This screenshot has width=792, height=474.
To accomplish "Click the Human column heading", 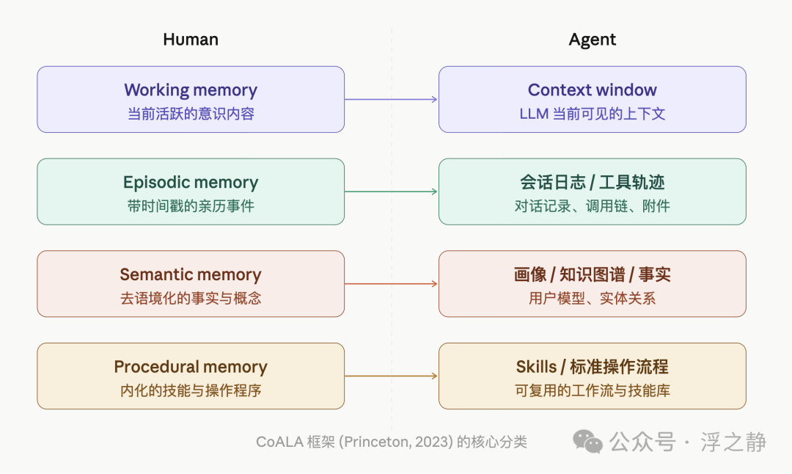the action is [191, 40].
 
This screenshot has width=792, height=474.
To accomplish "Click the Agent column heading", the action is [592, 40].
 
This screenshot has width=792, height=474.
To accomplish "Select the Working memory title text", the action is [191, 90].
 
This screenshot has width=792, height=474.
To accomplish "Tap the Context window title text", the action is [592, 90].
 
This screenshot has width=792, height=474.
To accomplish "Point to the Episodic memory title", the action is [191, 182].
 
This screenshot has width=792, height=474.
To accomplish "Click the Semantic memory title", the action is [191, 274].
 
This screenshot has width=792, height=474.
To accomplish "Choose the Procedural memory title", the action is [191, 367].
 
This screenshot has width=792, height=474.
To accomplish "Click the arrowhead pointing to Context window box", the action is [434, 100].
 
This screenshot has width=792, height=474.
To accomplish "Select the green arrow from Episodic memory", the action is [391, 192].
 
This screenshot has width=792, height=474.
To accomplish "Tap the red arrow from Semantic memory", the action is [391, 284].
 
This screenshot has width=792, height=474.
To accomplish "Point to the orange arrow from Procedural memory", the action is [391, 376].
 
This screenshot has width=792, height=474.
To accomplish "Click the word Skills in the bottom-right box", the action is [536, 367].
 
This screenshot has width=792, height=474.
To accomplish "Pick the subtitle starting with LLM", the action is [592, 114].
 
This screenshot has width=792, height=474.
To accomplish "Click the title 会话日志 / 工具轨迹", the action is [592, 182].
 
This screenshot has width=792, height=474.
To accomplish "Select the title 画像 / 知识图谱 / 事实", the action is [592, 274].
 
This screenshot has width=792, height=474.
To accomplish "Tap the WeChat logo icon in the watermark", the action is [587, 441].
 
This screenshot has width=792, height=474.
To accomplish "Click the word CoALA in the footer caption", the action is [279, 442].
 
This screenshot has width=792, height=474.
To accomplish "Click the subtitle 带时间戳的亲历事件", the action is [191, 206].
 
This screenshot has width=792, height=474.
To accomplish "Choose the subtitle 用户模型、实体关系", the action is [592, 298].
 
